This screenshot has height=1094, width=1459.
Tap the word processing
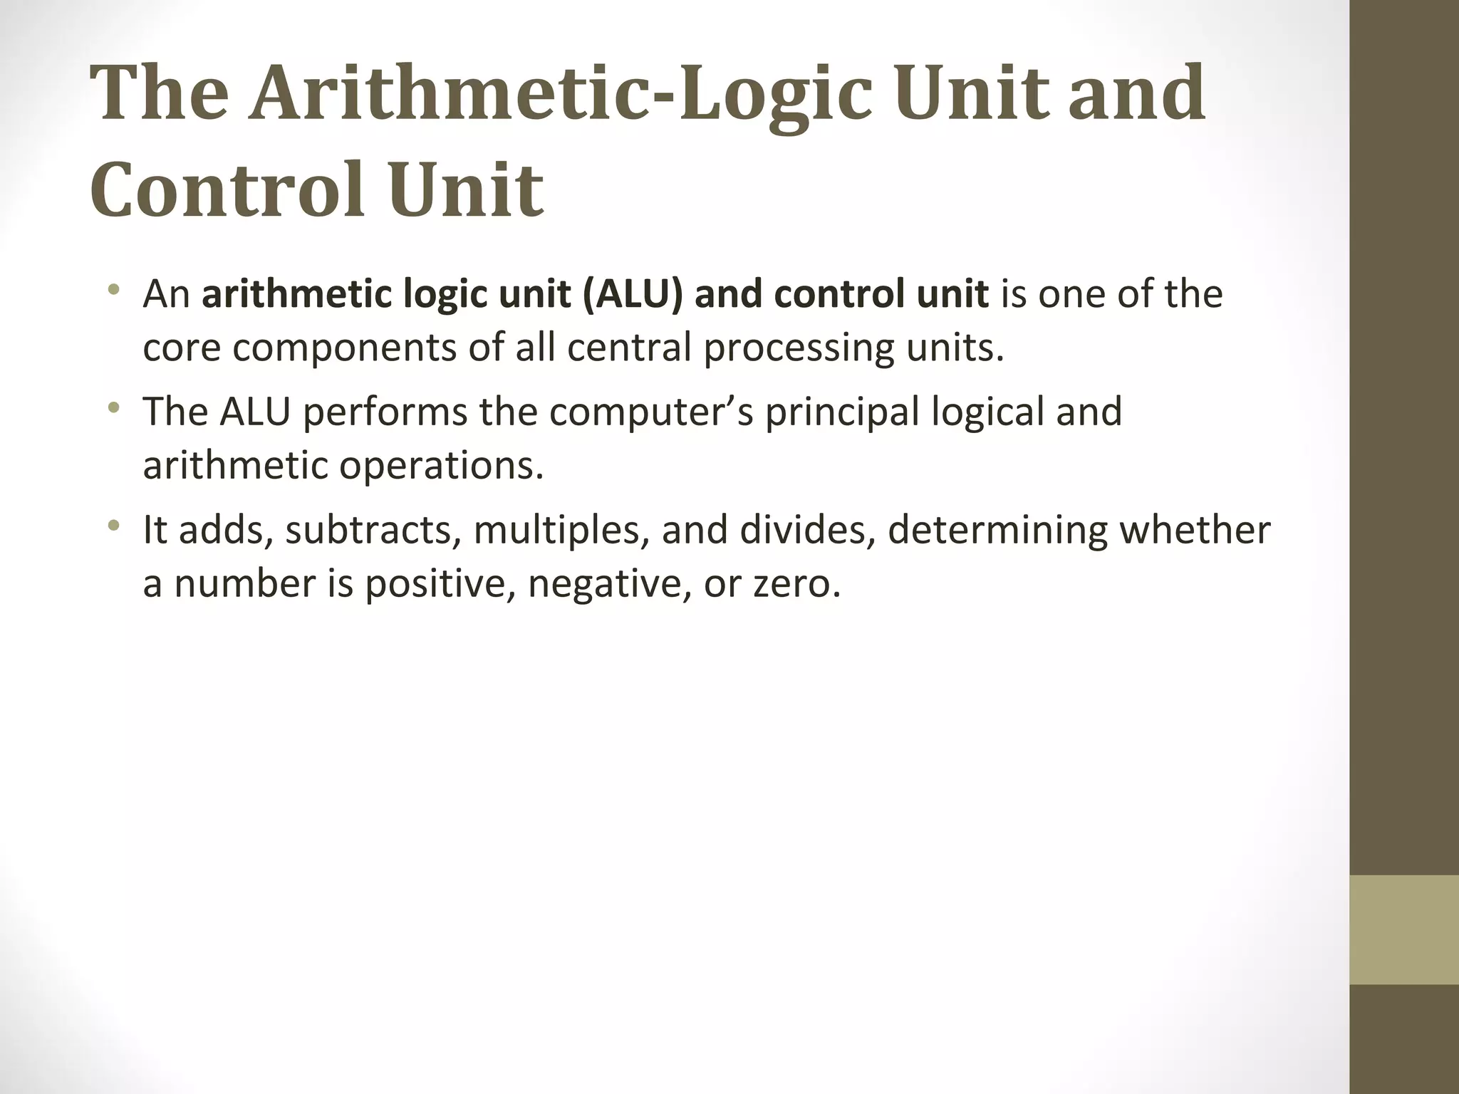click(x=798, y=348)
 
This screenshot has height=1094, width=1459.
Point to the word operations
click(x=441, y=466)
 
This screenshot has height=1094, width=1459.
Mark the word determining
click(x=997, y=531)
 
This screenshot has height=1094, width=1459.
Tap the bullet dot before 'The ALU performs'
click(x=113, y=409)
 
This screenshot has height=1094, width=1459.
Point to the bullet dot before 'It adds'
click(x=113, y=527)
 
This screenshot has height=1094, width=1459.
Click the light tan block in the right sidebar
click(x=1404, y=929)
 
